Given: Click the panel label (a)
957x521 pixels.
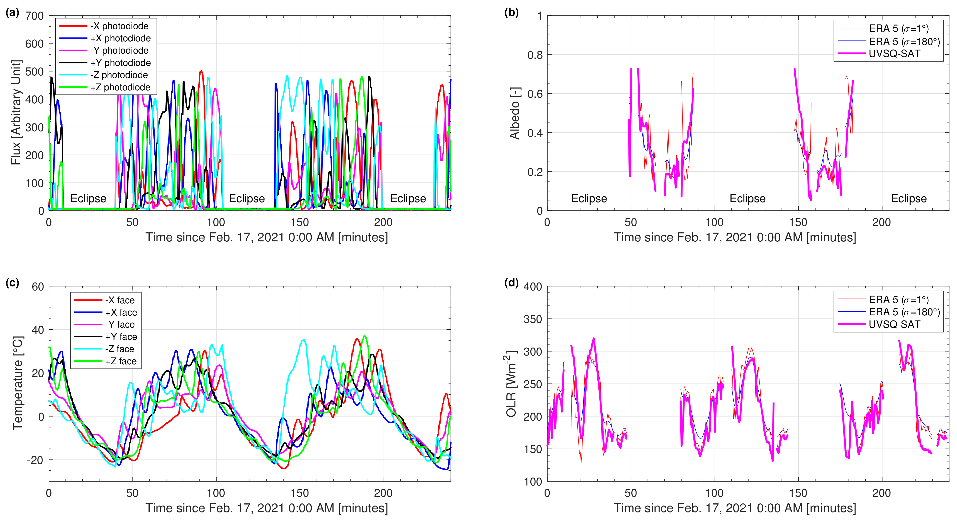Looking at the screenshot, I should coord(12,13).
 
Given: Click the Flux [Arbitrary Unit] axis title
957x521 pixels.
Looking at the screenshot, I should coord(16,112).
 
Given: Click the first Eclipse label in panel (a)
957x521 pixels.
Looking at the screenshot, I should coord(88,199).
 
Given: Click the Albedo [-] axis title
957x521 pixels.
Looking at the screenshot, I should coord(514,113).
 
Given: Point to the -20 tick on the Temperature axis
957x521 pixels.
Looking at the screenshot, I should coord(35,460).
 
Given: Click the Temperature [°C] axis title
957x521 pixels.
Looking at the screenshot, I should coord(17,383).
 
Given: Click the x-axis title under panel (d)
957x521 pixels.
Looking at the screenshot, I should coord(734,508).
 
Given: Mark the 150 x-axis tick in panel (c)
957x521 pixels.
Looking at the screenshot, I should coord(299,493).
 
